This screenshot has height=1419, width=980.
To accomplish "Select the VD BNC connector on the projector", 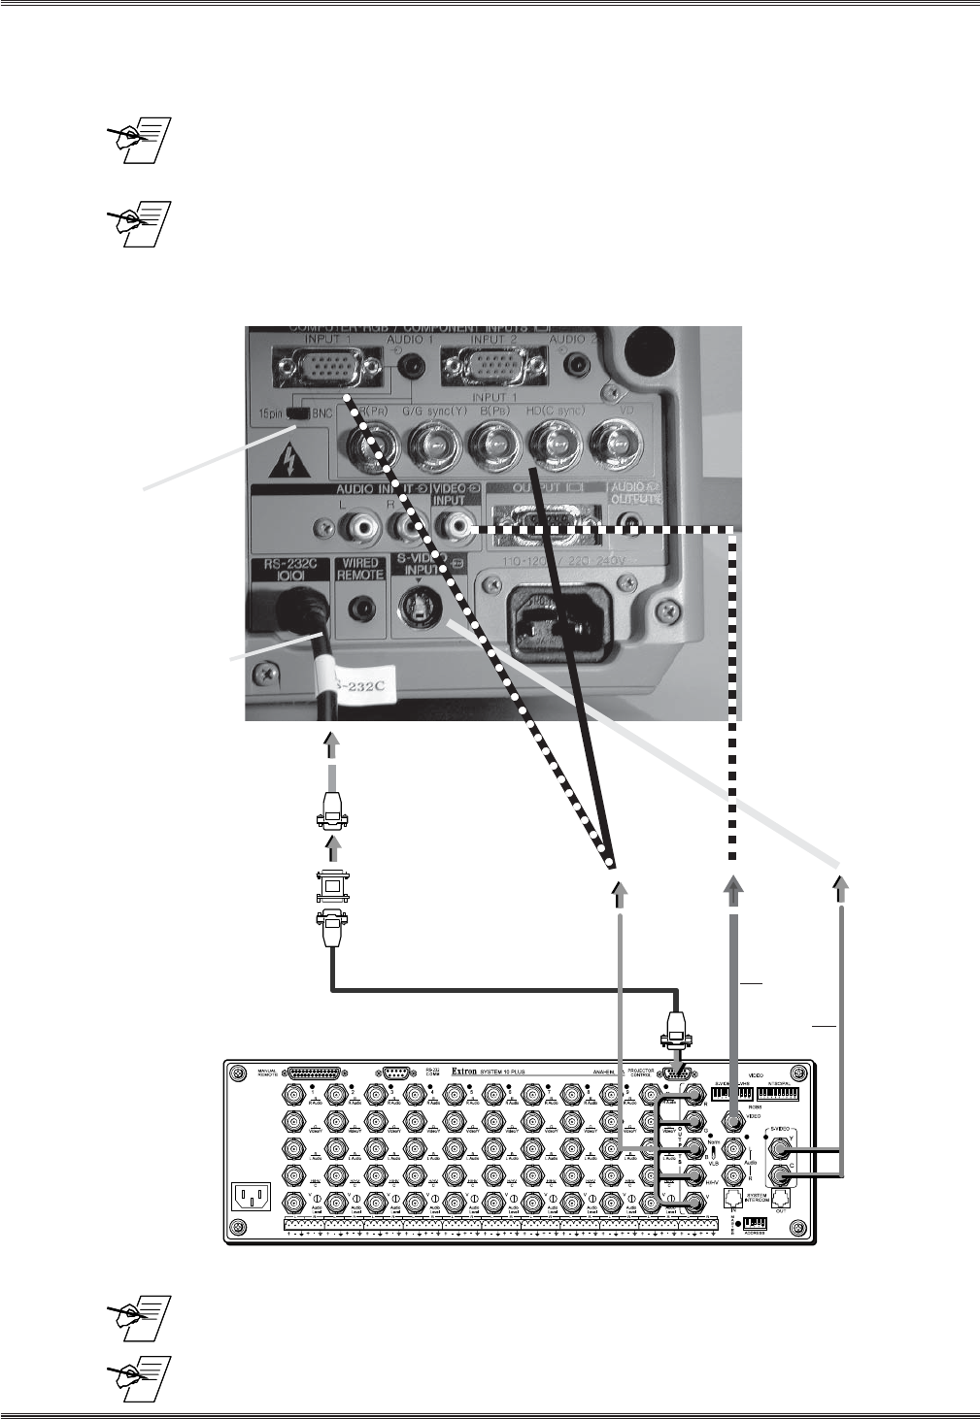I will point(617,447).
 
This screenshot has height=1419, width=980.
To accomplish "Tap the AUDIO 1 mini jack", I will point(416,366).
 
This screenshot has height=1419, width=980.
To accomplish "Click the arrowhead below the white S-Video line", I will point(841,886).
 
